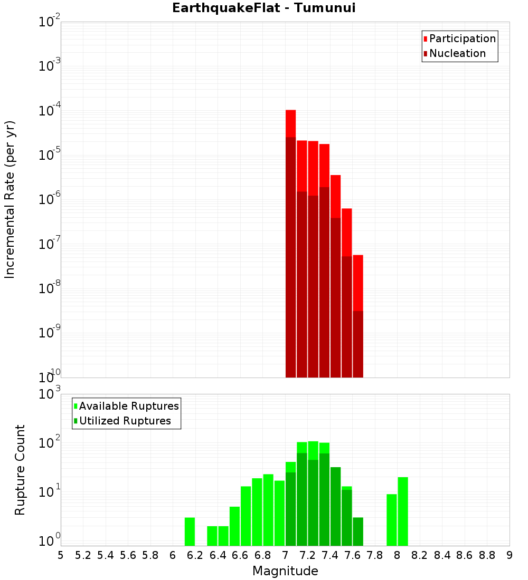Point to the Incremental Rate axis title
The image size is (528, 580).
click(10, 199)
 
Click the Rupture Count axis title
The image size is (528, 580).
click(20, 470)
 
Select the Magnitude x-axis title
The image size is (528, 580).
click(285, 571)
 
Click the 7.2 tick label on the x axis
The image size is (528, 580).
click(308, 555)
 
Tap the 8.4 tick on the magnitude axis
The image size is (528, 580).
click(442, 555)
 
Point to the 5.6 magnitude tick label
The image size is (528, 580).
click(128, 555)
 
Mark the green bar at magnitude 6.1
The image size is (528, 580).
click(190, 531)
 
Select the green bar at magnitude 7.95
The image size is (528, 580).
click(392, 520)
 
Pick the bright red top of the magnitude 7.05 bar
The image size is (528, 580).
click(290, 123)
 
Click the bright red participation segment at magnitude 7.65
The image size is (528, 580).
click(358, 283)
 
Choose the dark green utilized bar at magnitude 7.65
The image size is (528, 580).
click(358, 531)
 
